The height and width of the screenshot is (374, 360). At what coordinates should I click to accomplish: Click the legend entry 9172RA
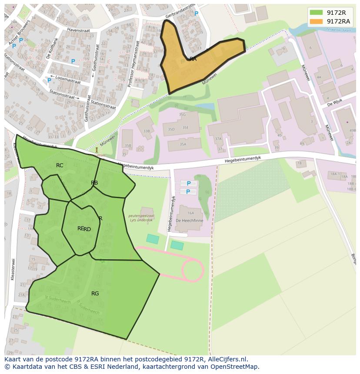click(338, 21)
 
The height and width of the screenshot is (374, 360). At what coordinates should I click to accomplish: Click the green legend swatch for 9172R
click(317, 13)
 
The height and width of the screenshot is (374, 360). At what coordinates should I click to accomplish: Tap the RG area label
click(95, 294)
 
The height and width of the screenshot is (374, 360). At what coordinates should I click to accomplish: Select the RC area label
click(60, 165)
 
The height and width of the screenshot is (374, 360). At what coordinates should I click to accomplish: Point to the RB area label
click(94, 183)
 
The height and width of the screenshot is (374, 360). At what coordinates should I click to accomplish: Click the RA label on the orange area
click(193, 59)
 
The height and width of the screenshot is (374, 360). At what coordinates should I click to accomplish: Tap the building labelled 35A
click(183, 144)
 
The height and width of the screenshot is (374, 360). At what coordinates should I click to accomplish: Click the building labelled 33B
click(146, 131)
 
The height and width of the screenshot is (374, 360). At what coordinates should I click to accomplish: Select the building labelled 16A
click(190, 213)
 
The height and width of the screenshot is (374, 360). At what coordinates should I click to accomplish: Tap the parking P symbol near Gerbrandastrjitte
click(196, 14)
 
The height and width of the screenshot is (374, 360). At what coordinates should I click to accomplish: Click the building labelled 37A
click(218, 139)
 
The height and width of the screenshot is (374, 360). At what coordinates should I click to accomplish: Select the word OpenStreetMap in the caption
click(236, 367)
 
